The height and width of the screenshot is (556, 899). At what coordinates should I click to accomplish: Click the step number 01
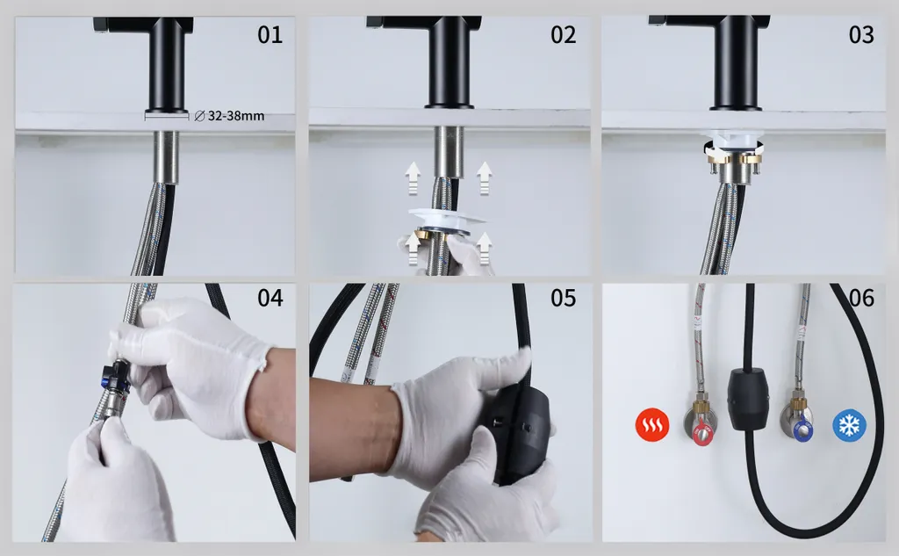tap(270, 35)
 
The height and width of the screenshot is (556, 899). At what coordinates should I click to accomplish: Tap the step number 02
tap(563, 35)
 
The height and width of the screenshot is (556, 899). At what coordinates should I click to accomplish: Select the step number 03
tap(861, 35)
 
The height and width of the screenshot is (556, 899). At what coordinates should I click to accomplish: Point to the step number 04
tap(270, 298)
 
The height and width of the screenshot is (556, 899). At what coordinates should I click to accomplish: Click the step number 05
tap(563, 298)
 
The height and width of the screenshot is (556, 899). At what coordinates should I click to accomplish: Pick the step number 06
tap(861, 298)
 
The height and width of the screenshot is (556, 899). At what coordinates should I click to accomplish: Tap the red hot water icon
tap(652, 425)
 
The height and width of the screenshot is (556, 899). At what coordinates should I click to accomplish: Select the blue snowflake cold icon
tap(849, 425)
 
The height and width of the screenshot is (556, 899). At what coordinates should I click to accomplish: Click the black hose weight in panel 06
tap(748, 400)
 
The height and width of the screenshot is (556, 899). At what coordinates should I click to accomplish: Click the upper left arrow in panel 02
tap(412, 178)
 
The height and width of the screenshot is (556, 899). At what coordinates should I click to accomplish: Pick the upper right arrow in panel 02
tap(485, 178)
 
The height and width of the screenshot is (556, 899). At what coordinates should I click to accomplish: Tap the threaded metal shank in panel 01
tap(166, 157)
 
